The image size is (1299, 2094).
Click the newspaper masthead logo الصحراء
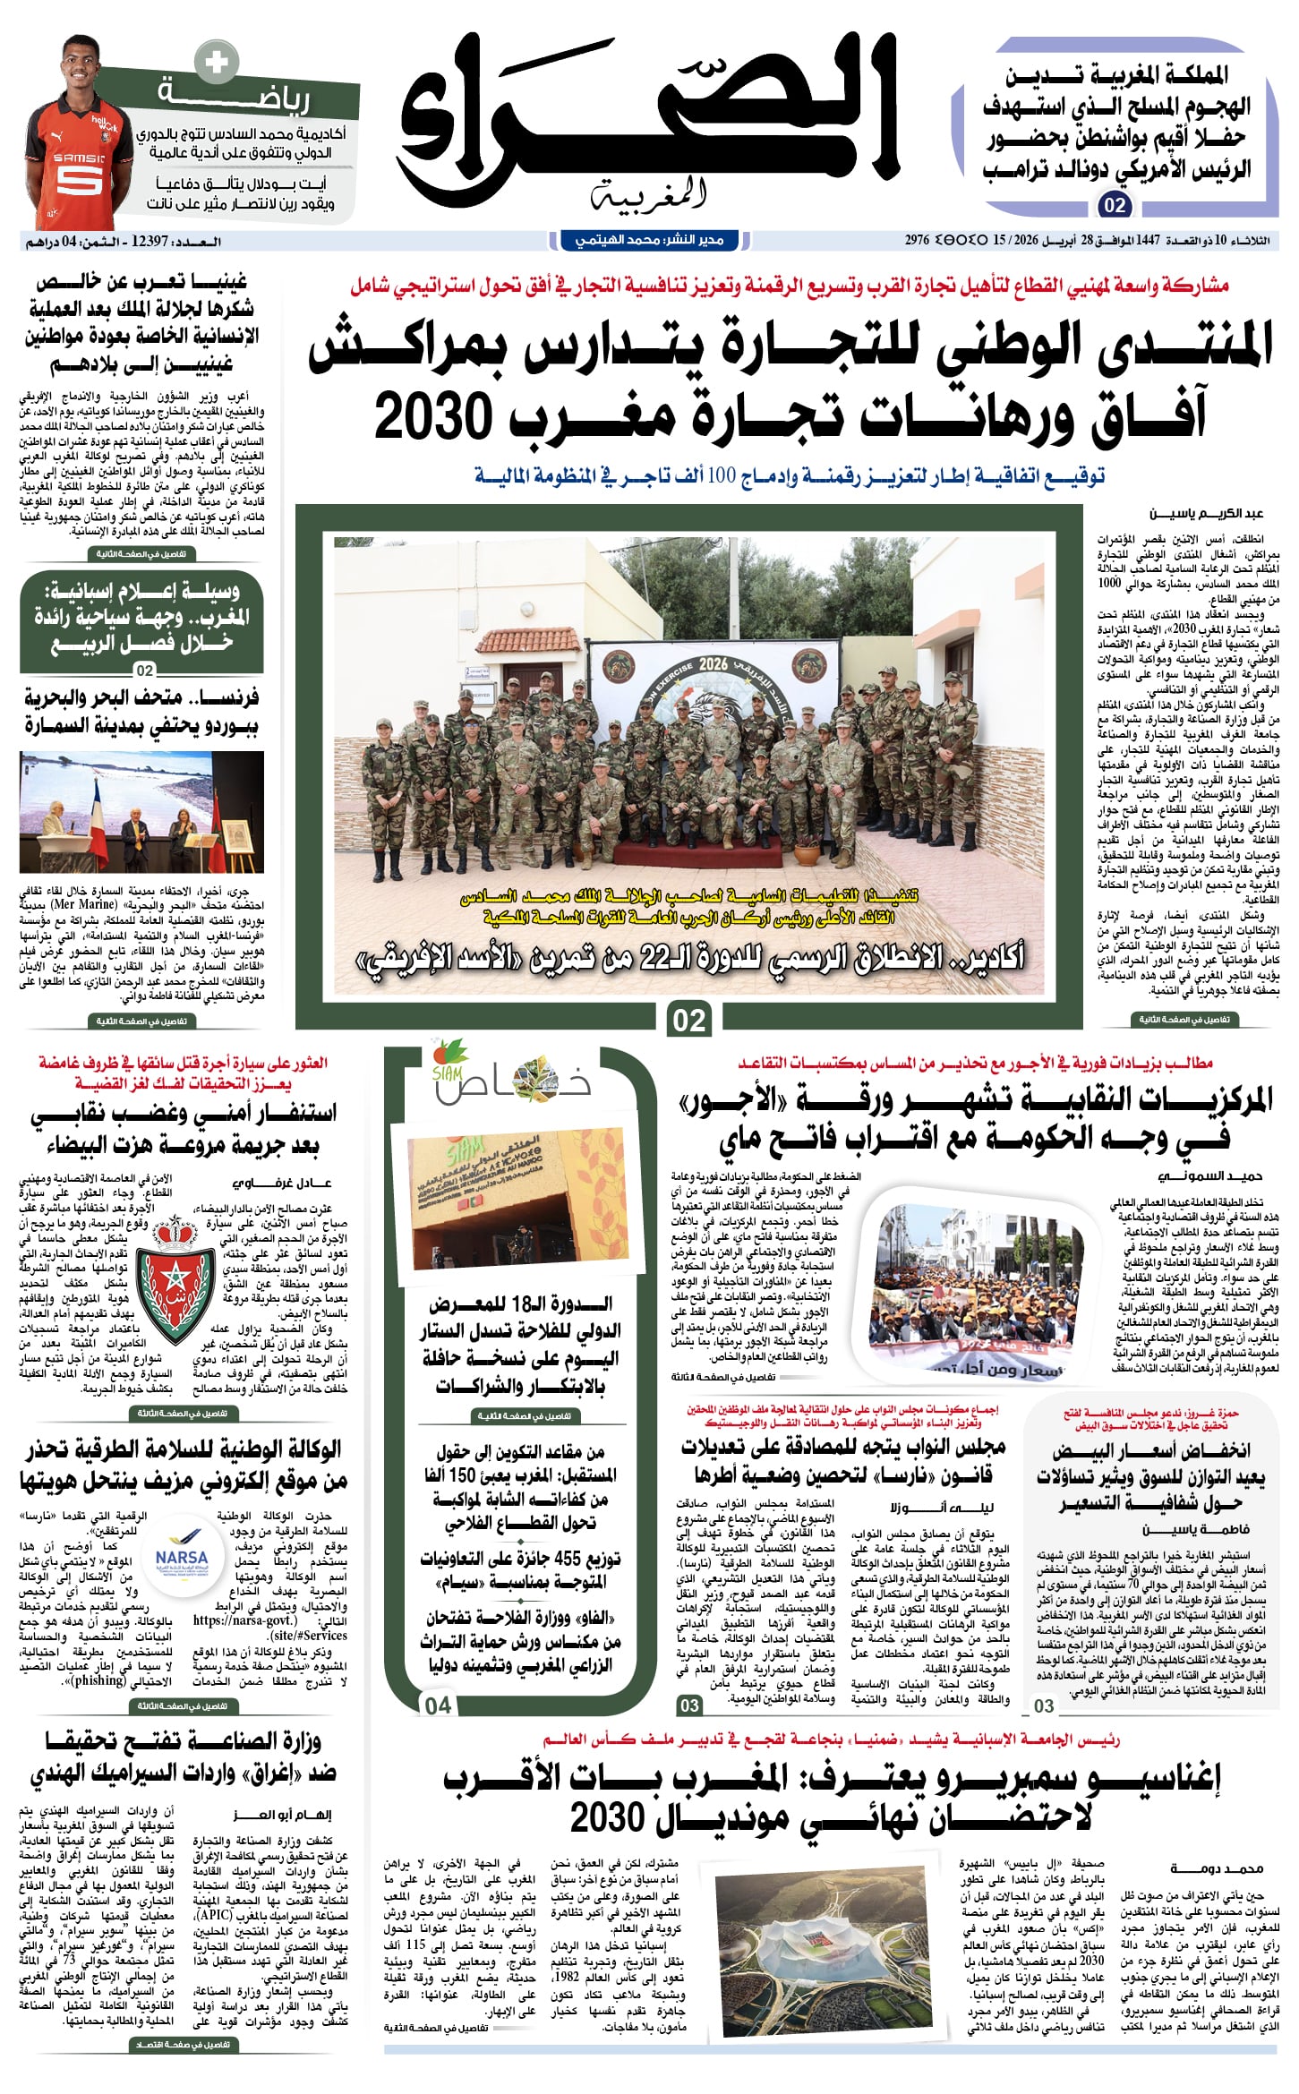[x=649, y=116]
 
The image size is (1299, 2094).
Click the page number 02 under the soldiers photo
[x=688, y=1020]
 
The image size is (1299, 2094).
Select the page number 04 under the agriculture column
[x=438, y=1705]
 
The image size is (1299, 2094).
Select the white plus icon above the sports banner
[x=216, y=63]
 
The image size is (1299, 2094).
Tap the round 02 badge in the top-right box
[x=1115, y=206]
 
